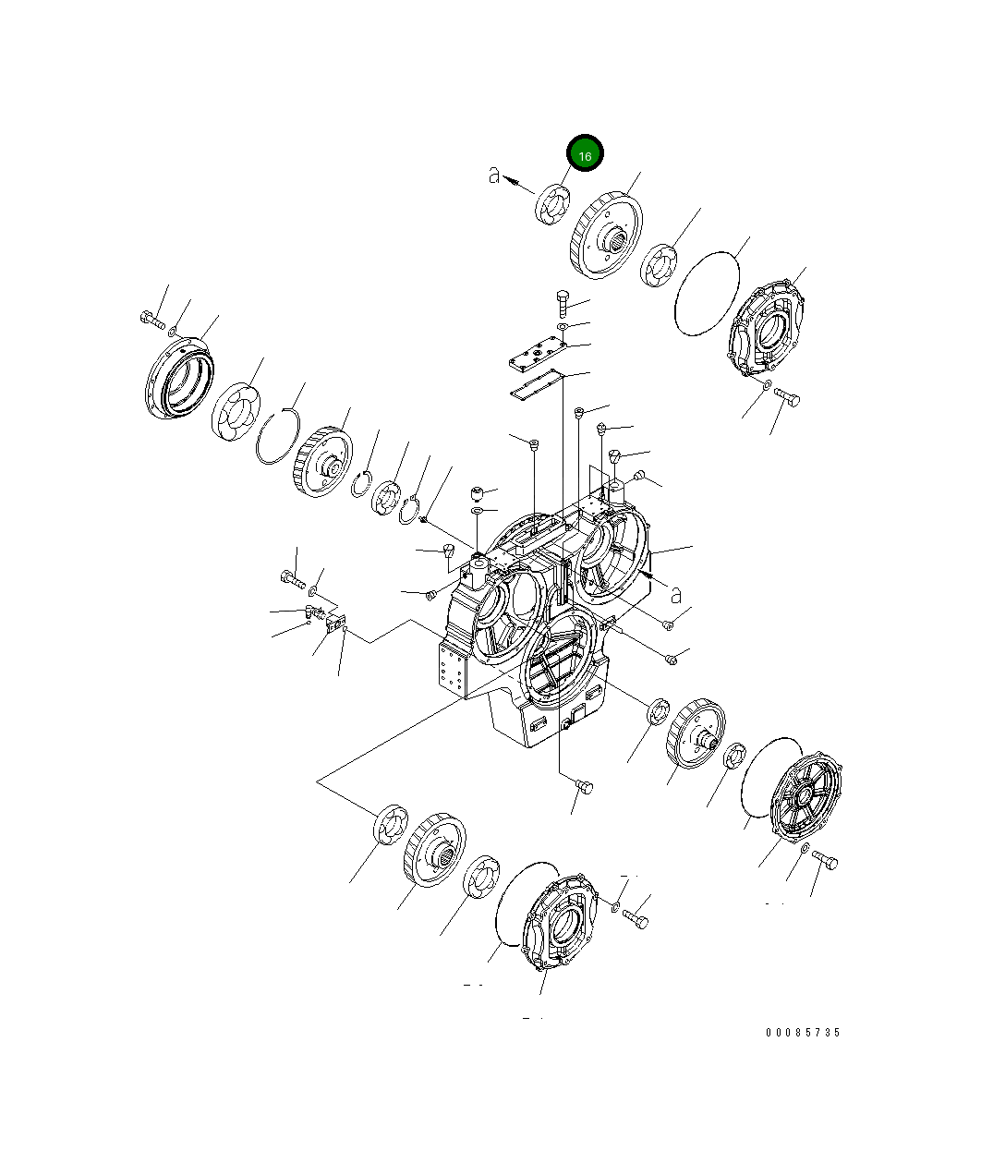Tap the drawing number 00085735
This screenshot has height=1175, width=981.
(x=803, y=1033)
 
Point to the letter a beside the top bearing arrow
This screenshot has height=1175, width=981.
(x=495, y=175)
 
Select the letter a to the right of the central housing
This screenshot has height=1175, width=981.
(x=675, y=593)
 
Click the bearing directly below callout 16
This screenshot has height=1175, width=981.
(x=552, y=204)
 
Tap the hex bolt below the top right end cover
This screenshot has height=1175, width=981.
(x=788, y=397)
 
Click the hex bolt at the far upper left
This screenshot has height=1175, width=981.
(x=151, y=320)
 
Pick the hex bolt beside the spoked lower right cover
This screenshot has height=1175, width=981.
(x=827, y=861)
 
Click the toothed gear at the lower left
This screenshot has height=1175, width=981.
(x=434, y=851)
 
